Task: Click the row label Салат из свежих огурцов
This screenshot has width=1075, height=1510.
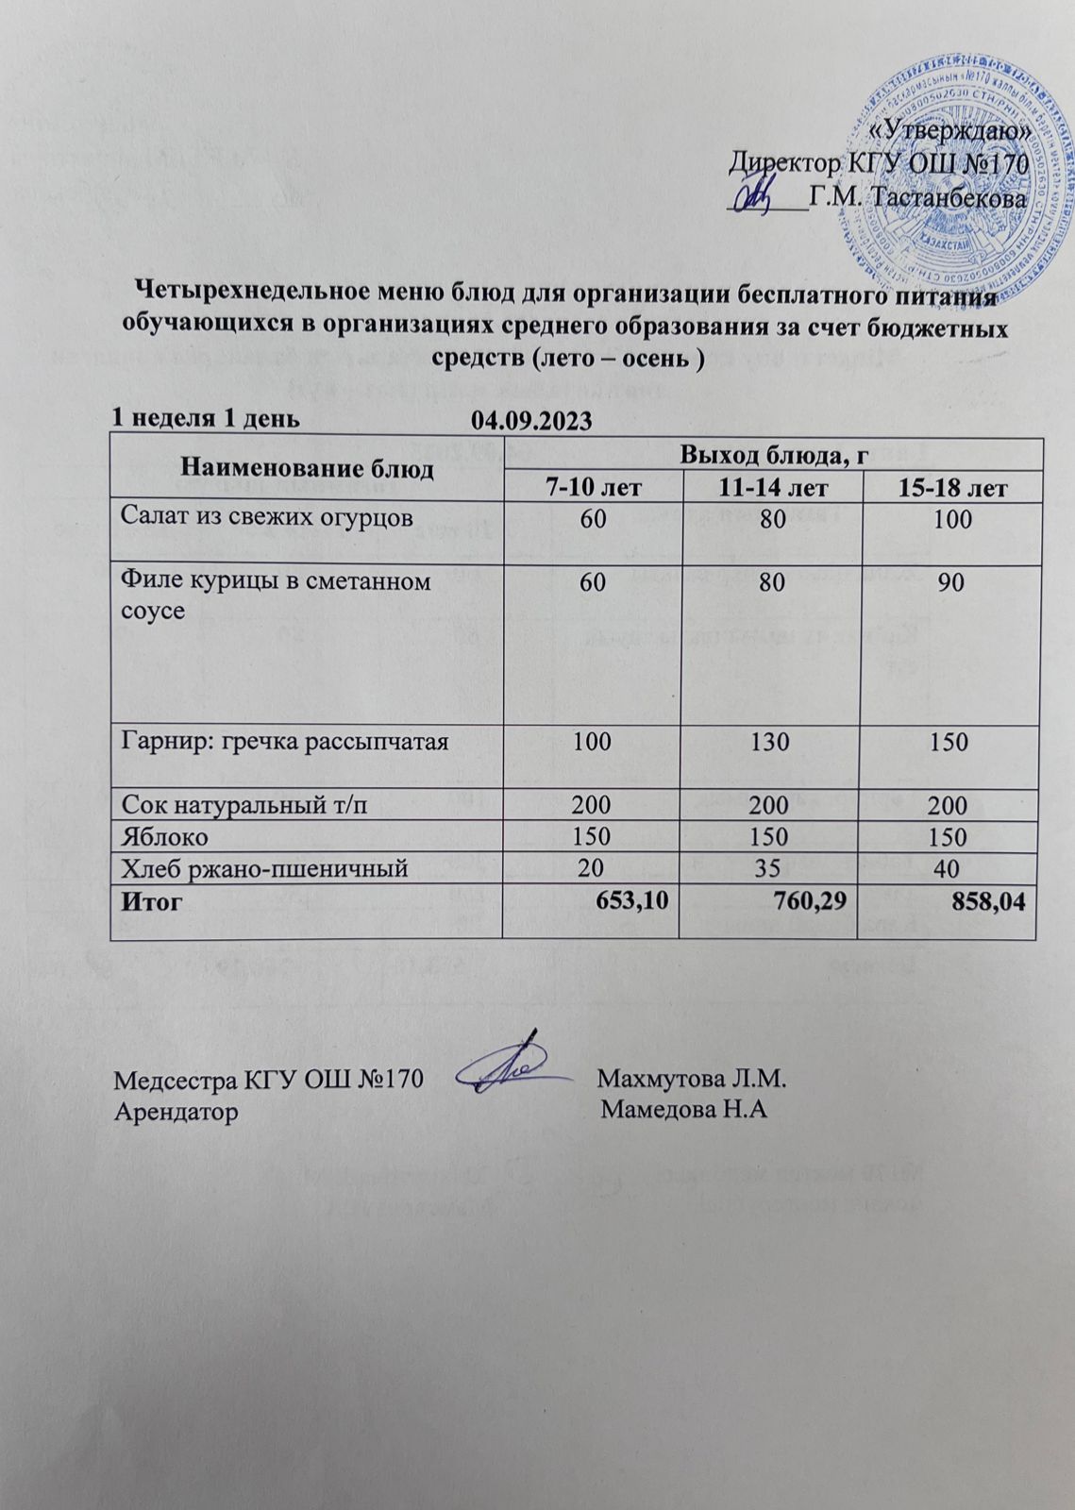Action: [x=266, y=516]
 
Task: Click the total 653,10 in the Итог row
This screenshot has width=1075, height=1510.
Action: [x=632, y=900]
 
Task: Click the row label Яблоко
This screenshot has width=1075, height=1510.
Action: [x=165, y=837]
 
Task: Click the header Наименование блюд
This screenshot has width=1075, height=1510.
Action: [x=308, y=467]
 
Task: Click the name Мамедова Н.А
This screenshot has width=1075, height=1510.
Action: [x=683, y=1110]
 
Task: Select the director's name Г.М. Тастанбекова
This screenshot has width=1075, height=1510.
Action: [x=917, y=199]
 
